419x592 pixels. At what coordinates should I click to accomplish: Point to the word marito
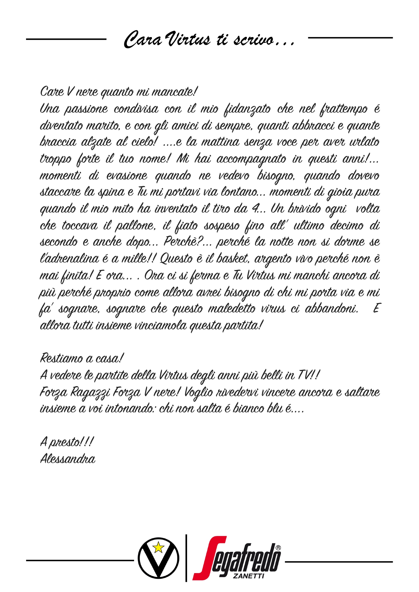(x=103, y=126)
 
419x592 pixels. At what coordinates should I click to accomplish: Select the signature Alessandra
(x=68, y=459)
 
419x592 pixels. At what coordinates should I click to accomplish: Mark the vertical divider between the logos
(x=186, y=558)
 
